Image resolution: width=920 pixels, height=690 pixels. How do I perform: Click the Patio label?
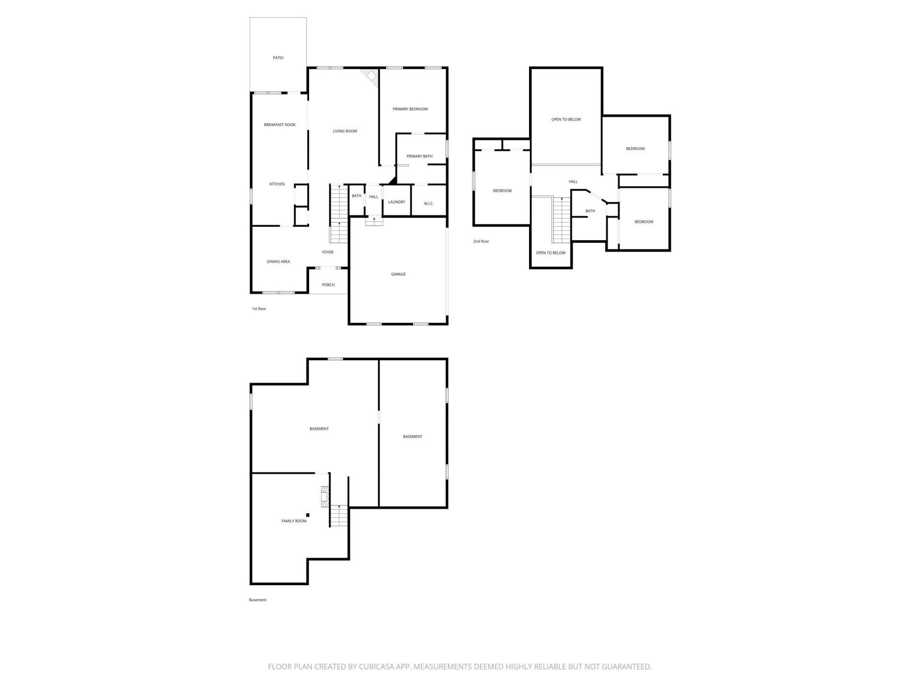278,58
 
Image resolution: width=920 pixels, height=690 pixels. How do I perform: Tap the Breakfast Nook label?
280,125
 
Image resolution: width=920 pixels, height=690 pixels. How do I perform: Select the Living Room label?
345,131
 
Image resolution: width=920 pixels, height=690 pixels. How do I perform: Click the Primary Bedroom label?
410,109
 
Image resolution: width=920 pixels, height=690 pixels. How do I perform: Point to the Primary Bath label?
419,156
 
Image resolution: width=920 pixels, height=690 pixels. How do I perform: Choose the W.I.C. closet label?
428,204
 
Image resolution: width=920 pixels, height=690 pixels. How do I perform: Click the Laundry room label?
397,202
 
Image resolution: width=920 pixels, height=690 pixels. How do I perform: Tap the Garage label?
398,275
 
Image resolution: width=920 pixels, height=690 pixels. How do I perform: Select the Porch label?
328,285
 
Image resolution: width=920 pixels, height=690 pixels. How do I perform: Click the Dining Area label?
278,262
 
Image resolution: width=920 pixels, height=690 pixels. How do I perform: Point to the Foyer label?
328,253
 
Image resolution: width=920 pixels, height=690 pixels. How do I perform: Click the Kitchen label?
277,184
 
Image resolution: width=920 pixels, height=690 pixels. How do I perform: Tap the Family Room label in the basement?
294,521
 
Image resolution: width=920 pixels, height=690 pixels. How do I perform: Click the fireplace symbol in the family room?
325,497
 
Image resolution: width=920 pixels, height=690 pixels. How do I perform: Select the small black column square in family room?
308,516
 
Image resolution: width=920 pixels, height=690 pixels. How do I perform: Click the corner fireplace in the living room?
370,77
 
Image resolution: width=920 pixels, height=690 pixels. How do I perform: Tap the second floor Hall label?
573,182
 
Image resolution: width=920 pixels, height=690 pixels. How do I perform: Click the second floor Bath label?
590,211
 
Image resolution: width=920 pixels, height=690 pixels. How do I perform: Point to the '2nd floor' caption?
481,241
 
